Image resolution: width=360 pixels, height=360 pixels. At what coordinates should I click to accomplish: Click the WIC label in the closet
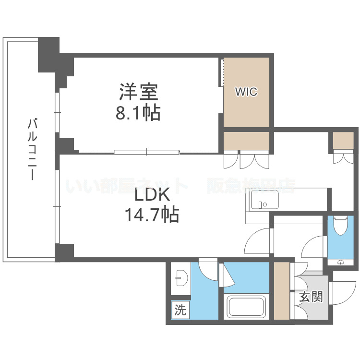(x=246, y=92)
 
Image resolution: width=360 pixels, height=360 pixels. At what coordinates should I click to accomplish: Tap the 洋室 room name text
(x=138, y=92)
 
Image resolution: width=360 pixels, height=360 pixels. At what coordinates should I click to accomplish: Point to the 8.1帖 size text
(x=138, y=113)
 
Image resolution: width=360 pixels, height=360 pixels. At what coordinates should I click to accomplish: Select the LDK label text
(x=152, y=194)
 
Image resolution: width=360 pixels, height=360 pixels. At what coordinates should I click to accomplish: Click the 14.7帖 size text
(x=152, y=215)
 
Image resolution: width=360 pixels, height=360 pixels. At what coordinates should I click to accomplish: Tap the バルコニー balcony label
(x=32, y=149)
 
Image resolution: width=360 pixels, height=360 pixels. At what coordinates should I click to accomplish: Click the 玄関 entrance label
(x=311, y=297)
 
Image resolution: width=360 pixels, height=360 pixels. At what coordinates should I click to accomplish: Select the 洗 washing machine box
(x=180, y=310)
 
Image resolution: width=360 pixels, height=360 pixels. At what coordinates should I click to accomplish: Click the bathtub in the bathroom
(x=246, y=307)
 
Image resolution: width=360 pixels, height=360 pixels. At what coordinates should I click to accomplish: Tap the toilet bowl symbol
(x=341, y=226)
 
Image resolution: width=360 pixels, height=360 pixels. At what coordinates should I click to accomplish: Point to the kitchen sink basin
(x=265, y=200)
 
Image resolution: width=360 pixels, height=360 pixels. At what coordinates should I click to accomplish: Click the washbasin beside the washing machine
(x=181, y=278)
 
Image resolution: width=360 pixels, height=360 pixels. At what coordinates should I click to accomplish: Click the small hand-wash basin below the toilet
(x=340, y=262)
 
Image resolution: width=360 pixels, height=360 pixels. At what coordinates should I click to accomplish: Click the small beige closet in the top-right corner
(x=343, y=141)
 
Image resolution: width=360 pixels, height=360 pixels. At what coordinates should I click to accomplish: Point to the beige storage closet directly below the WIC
(x=246, y=141)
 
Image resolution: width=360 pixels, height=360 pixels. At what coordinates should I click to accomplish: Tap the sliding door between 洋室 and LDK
(x=146, y=152)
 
